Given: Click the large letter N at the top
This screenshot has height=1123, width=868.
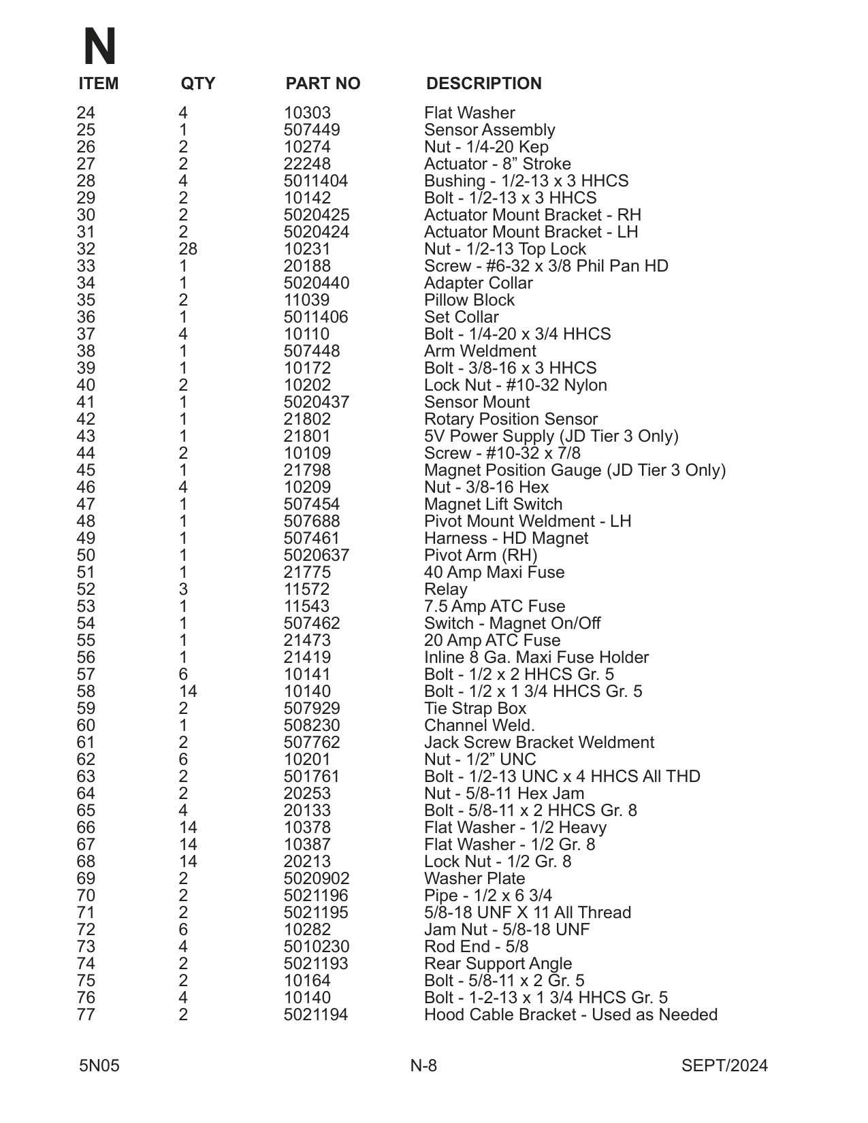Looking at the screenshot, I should tap(99, 47).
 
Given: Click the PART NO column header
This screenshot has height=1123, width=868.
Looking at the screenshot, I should tap(323, 84).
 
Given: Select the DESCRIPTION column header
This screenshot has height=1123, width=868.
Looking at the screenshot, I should tap(483, 84).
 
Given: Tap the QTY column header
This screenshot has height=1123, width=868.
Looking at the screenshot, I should tap(197, 84).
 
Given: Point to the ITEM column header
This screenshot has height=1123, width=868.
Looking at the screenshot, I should tap(99, 84).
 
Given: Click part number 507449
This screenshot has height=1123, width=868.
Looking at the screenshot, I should tap(312, 130).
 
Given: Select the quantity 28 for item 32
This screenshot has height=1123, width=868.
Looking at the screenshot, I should tap(188, 249).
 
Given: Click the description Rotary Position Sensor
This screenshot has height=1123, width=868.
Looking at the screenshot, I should tap(511, 419).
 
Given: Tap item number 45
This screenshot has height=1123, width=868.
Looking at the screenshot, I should tap(86, 470).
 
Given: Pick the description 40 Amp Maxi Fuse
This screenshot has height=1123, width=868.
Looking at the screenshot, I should tap(494, 572).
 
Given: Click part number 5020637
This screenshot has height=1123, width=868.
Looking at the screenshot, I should tap(317, 555).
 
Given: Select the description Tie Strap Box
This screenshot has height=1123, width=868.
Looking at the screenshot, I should tap(475, 709).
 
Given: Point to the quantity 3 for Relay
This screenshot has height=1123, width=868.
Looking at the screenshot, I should tap(183, 589).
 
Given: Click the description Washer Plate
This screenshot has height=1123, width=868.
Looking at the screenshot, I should tap(475, 879).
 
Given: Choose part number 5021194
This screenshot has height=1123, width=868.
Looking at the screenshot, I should tap(316, 1015).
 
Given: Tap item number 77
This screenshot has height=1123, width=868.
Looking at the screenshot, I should tap(86, 1015).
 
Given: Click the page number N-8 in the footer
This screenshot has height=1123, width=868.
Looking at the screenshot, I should tap(423, 1066).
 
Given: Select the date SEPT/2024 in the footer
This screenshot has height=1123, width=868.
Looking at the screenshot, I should tap(724, 1066).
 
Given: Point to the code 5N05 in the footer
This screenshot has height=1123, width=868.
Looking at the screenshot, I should tap(99, 1066).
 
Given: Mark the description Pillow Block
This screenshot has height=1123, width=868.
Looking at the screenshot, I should tap(469, 300).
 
